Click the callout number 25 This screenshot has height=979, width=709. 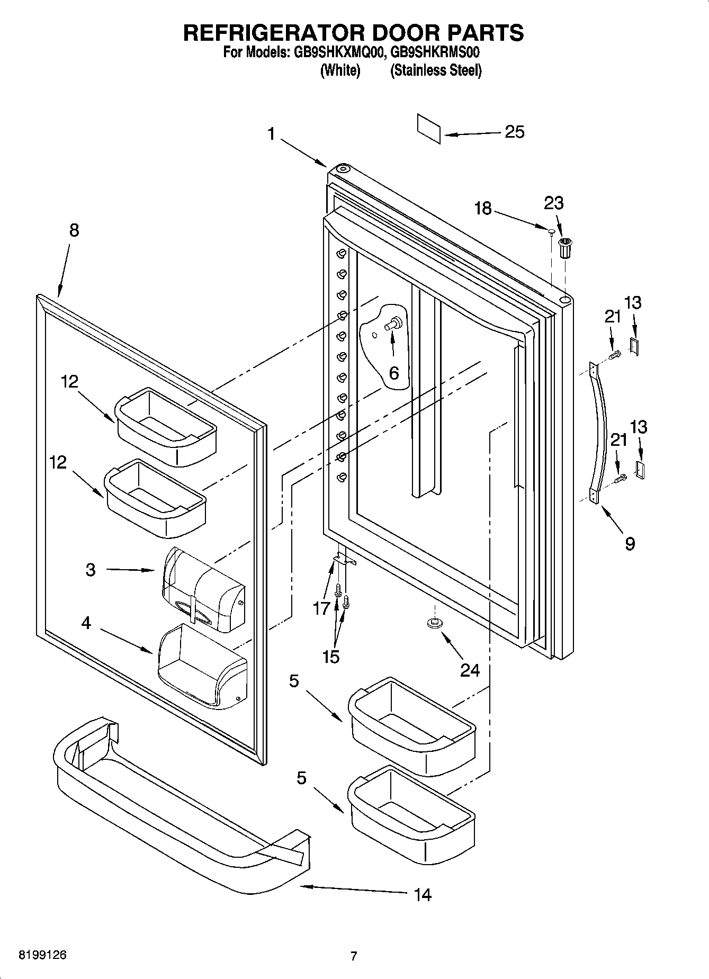pos(514,132)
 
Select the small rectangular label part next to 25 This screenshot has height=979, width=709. pos(428,128)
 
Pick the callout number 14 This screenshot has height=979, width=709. pos(423,895)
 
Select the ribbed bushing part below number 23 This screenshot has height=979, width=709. pos(566,248)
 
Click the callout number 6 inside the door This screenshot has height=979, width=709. pos(393,373)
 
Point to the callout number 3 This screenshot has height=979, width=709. pos(91,570)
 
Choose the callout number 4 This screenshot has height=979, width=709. pos(86,623)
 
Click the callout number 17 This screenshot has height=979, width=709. pos(321,609)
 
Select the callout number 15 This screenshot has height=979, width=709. pos(330,657)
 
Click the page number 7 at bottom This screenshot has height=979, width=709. pos(354,956)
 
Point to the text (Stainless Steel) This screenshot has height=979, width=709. pos(435,70)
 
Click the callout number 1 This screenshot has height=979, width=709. pos(271,134)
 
